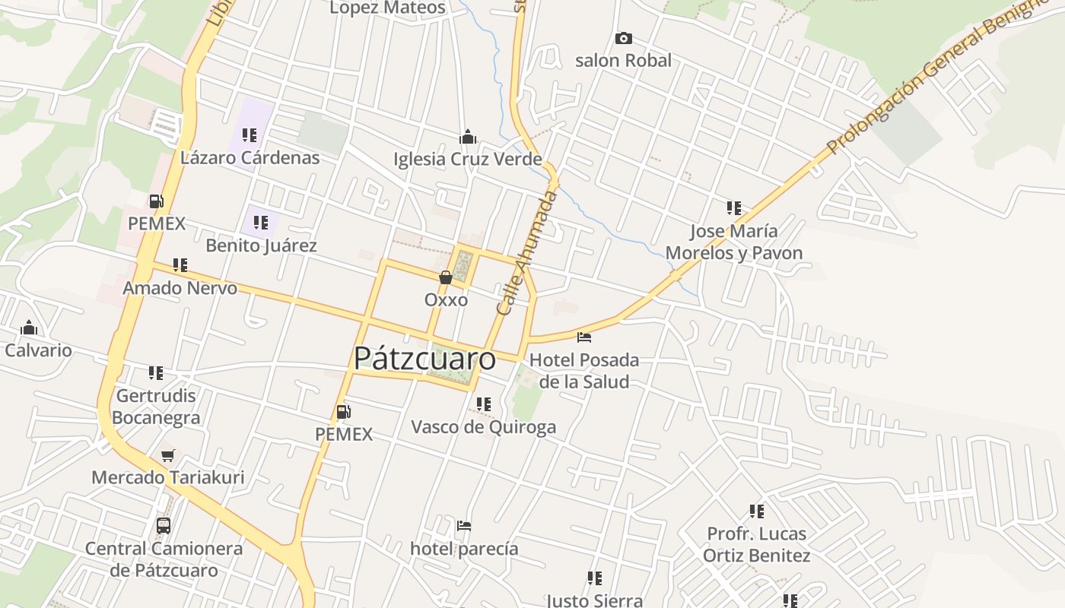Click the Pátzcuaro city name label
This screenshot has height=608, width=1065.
click(x=424, y=358)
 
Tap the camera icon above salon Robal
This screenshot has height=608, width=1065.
click(x=623, y=38)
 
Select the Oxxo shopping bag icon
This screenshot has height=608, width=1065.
click(x=446, y=277)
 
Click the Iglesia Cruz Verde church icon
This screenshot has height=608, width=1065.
click(x=467, y=137)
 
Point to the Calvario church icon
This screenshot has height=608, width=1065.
click(x=30, y=328)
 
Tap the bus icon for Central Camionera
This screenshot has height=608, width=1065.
click(x=164, y=525)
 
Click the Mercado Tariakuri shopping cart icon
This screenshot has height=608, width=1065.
click(x=167, y=455)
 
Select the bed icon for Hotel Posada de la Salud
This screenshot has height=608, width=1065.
click(x=584, y=337)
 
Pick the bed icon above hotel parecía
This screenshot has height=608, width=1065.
click(x=464, y=525)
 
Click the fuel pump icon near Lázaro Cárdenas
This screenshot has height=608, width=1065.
click(x=157, y=201)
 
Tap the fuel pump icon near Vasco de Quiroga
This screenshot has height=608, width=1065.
click(x=344, y=412)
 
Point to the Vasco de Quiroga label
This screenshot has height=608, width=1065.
click(x=483, y=427)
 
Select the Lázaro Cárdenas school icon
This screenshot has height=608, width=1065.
click(x=250, y=135)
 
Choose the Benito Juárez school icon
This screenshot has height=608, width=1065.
click(x=261, y=223)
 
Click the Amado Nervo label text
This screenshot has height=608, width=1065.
click(x=180, y=289)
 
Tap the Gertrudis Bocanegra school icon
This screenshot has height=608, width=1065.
click(x=156, y=373)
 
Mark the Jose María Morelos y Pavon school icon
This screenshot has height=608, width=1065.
click(x=734, y=207)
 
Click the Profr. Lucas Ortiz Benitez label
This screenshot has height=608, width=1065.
click(x=756, y=544)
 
